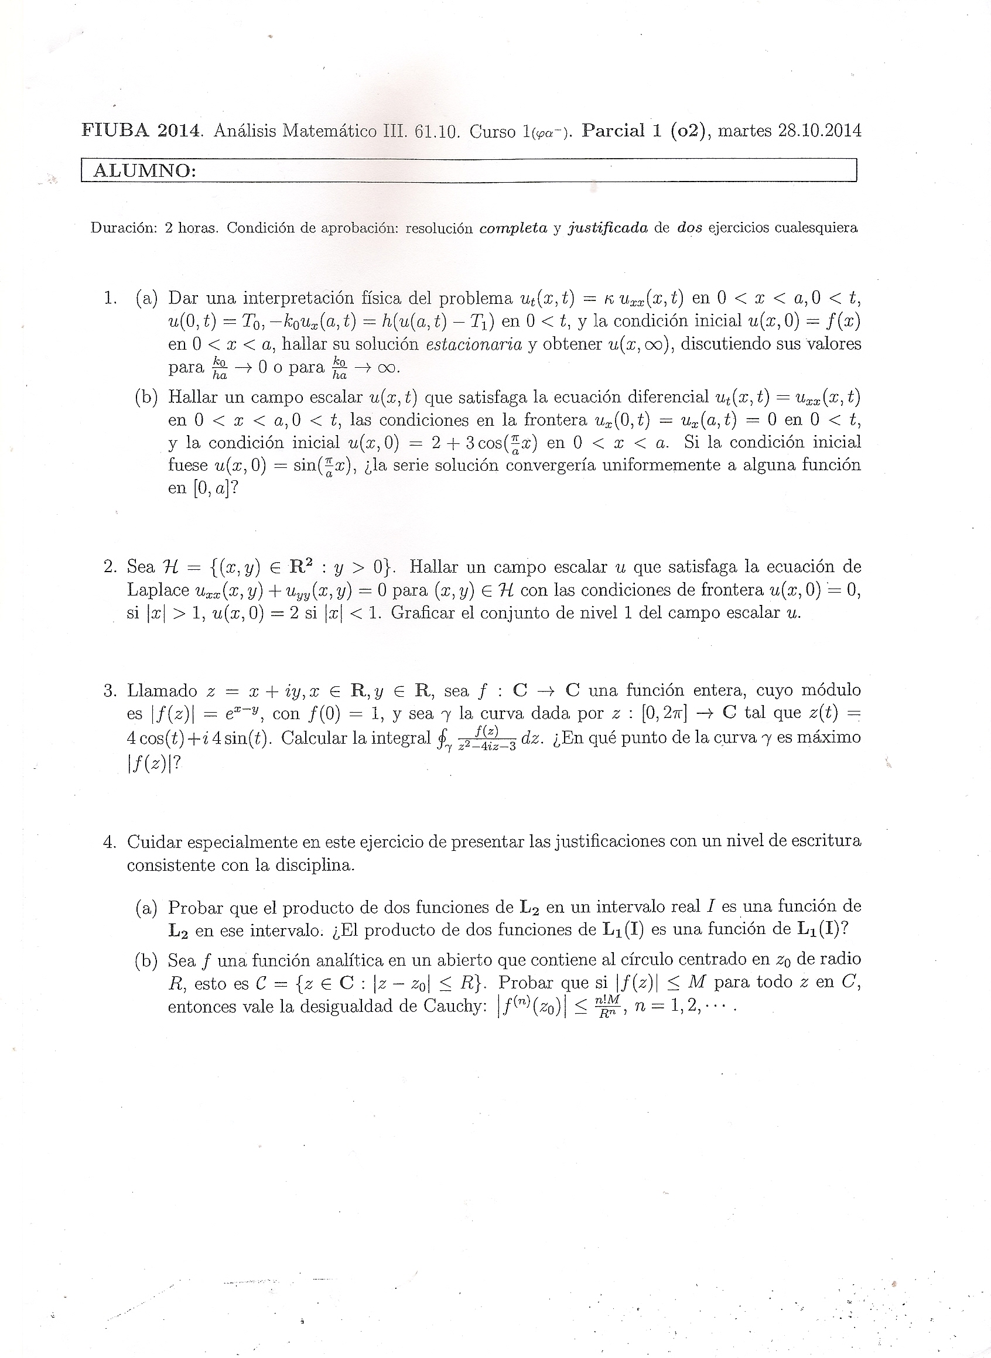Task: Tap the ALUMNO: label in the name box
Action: coord(145,172)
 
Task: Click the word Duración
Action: coord(124,228)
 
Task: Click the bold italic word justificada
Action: coord(608,228)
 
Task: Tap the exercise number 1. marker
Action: coord(110,297)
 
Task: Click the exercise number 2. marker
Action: coord(110,566)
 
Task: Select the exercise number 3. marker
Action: coord(110,690)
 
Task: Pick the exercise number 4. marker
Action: coord(110,842)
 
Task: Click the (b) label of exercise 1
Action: coord(147,397)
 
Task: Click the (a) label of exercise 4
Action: coord(147,908)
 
